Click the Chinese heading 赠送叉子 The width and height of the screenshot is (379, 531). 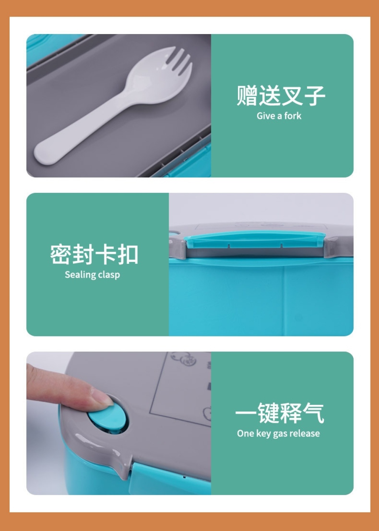[x=281, y=95]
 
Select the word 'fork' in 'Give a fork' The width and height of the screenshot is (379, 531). [x=293, y=116]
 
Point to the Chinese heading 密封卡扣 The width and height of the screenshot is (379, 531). [x=94, y=254]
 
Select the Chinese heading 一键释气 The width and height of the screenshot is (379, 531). [x=279, y=413]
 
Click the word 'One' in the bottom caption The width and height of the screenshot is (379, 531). [x=245, y=434]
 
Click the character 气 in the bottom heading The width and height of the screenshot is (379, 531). [x=313, y=413]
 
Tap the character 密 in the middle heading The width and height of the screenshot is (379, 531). [x=60, y=254]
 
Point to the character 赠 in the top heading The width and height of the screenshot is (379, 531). [x=247, y=95]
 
